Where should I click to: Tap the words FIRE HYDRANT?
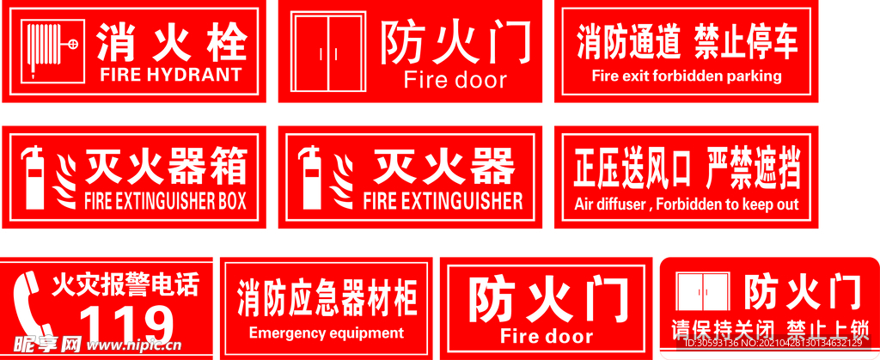click(171, 75)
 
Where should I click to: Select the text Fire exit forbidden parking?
click(687, 76)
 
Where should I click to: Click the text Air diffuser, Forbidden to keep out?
click(687, 204)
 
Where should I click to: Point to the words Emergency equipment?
click(326, 333)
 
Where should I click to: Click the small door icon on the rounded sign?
click(703, 292)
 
